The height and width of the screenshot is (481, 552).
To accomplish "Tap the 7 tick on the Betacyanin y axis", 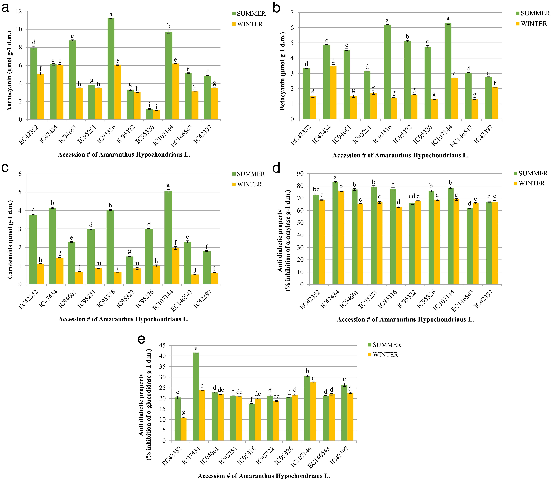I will pyautogui.click(x=292, y=12).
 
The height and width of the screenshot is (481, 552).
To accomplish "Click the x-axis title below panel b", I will pyautogui.click(x=400, y=155).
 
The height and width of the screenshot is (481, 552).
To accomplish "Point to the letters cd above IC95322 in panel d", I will pyautogui.click(x=412, y=196).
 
